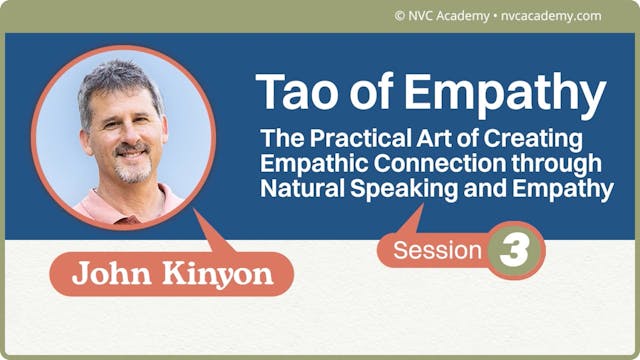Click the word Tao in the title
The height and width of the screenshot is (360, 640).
(290, 92)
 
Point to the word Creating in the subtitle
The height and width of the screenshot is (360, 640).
(546, 138)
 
